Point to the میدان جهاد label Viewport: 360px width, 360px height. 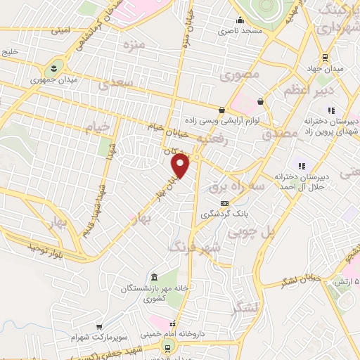coord(327,69)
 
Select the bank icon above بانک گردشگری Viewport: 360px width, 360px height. coord(224,203)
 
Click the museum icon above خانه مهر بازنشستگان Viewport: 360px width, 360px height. coord(155,275)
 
